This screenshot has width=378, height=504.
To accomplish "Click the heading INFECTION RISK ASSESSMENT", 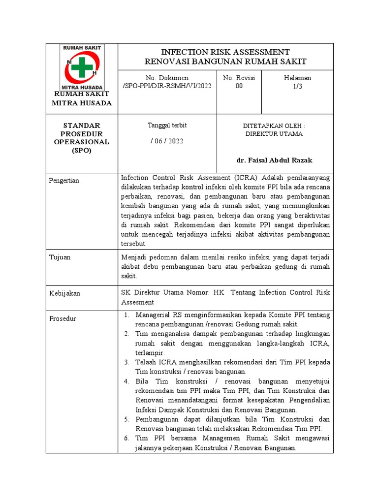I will click(225, 52).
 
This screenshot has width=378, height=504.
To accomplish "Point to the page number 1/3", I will click(297, 86).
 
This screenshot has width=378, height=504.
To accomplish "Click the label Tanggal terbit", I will click(167, 126).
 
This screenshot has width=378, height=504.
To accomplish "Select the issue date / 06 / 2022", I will click(167, 141).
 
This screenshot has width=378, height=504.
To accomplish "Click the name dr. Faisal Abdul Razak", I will click(274, 160).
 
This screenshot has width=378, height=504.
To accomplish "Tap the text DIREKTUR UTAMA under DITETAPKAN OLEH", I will click(274, 134).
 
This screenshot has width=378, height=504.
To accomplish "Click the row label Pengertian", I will click(64, 181).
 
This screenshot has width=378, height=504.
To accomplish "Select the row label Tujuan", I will click(60, 257).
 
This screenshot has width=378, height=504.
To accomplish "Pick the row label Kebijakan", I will click(64, 293).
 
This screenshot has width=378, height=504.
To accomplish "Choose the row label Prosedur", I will click(63, 318).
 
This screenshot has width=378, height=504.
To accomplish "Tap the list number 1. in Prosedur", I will click(126, 315).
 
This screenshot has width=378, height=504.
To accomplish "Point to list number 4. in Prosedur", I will click(126, 381).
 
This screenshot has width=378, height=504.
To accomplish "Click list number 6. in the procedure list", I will click(126, 438).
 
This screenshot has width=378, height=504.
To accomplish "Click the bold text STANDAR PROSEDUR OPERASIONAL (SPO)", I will click(82, 138).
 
